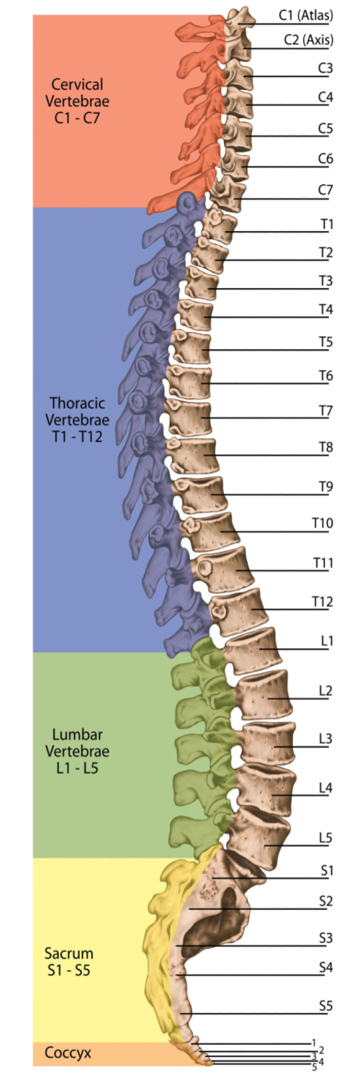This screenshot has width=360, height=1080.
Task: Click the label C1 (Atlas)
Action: pos(306,15)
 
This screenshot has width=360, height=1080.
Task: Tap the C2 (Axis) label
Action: pos(308,40)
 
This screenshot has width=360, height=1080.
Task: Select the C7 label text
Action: pos(325,190)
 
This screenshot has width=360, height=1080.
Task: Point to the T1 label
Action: pos(327,224)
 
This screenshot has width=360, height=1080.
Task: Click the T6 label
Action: pos(326,375)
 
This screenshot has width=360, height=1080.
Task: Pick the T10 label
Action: pos(323,523)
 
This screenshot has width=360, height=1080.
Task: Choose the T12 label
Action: pos(323,602)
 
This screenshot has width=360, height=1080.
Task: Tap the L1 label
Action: pos(327,641)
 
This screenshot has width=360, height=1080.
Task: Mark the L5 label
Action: pos(325,837)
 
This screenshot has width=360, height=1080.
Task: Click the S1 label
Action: pos(327,870)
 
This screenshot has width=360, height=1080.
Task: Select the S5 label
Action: pos(325,1006)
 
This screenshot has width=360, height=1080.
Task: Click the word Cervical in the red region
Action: pos(77,84)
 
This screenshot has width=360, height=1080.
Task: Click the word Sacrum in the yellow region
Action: pos(69,953)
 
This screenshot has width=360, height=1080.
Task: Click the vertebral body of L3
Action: pos(267,744)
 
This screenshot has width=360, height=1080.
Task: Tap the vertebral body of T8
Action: pos(195,455)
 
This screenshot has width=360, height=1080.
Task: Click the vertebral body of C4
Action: pos(240,102)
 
